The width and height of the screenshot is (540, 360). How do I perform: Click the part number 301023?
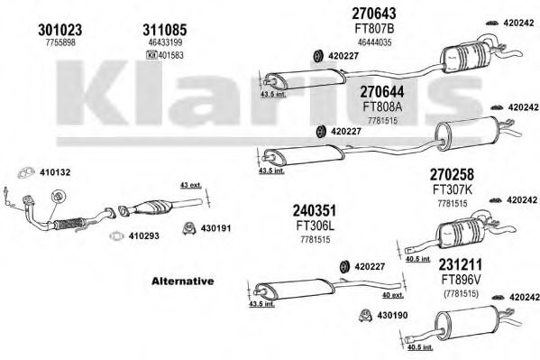[x=59, y=30]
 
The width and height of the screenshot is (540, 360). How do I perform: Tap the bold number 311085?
[x=165, y=30]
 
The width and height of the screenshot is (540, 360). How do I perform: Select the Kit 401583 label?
[x=165, y=55]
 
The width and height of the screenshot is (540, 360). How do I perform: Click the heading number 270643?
[x=374, y=14]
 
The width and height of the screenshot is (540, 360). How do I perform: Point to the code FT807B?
[x=374, y=29]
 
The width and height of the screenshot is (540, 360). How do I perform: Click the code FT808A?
[x=382, y=106]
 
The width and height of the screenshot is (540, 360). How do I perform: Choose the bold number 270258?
[x=452, y=174]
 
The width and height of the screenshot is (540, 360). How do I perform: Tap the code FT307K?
[x=453, y=189]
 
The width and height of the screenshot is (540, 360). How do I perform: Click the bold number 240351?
[x=315, y=210]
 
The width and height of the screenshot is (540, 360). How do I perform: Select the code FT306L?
[x=316, y=226]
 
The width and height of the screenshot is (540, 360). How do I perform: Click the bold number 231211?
[x=461, y=265]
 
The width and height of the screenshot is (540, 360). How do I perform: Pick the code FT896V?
[x=461, y=280]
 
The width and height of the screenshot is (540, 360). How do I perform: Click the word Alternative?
[x=182, y=281]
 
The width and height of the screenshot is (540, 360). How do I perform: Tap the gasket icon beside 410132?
[x=26, y=172]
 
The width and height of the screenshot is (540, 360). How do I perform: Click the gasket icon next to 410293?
[x=117, y=236]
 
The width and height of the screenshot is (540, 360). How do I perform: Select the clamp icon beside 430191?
[x=189, y=228]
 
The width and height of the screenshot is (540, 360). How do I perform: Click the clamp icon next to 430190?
[x=366, y=315]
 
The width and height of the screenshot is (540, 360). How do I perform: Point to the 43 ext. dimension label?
[x=191, y=186]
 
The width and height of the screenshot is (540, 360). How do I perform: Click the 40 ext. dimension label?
[x=393, y=295]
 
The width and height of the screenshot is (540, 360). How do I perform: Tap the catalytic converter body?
[x=153, y=207]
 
